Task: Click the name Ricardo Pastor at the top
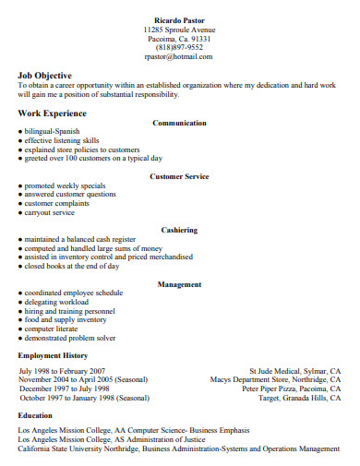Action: pos(179,18)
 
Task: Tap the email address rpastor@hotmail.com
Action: pos(179,56)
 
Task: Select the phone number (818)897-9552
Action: pos(179,47)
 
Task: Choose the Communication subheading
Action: pos(179,123)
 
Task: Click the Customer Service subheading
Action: pos(179,176)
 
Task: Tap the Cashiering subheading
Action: pos(179,230)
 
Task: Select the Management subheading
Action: pos(179,284)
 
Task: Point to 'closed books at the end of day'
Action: pos(72,266)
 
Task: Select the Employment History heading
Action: pos(54,355)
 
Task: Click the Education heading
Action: pos(35,415)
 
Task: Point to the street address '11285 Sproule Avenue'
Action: pos(179,29)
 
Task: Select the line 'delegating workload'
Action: pos(56,302)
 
